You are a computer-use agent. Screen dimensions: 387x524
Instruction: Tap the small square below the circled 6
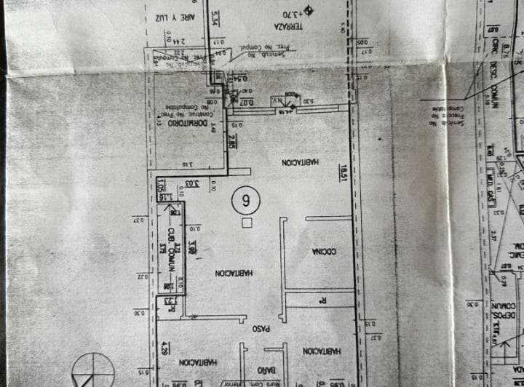tap(247, 223)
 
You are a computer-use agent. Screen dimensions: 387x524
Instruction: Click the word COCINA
tap(323, 252)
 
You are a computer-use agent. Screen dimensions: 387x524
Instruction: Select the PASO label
tap(261, 329)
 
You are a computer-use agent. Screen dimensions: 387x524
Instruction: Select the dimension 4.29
tap(165, 347)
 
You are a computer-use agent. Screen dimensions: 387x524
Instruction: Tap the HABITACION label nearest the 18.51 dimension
tap(297, 161)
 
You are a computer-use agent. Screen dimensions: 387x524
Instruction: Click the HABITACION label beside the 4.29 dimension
tap(198, 361)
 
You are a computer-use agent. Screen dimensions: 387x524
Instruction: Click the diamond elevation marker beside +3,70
tap(309, 10)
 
